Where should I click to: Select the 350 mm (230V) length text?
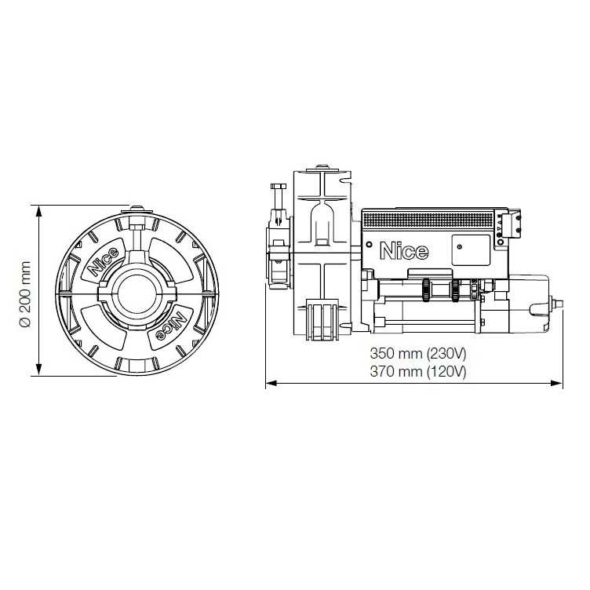(418, 355)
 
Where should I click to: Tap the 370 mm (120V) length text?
(418, 371)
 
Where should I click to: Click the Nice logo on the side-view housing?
(404, 251)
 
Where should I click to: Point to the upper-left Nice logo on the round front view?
(104, 261)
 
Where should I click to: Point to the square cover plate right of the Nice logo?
(469, 249)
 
